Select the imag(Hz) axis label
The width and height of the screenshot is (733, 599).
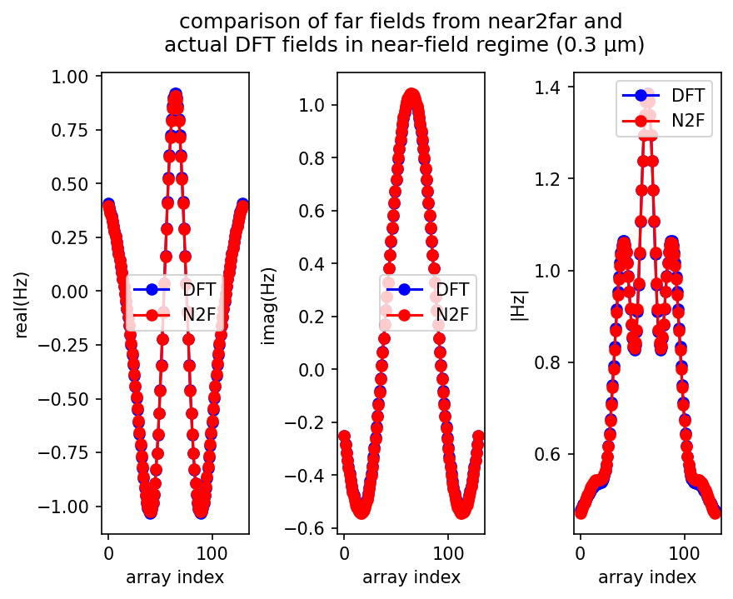coord(268,303)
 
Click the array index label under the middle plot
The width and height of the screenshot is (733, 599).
coord(411,577)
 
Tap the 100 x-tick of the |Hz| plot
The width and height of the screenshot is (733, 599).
coord(685,552)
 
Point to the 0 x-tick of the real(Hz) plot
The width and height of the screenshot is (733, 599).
coord(108,552)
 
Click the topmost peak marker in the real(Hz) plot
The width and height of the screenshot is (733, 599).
coord(175,95)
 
